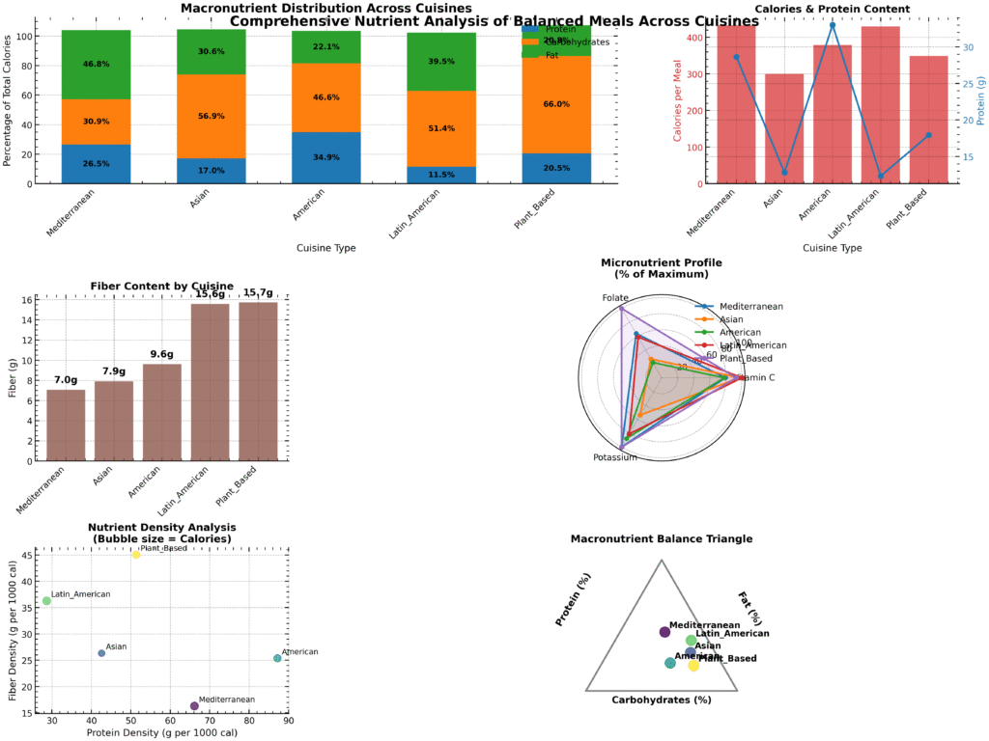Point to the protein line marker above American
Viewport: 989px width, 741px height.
(833, 24)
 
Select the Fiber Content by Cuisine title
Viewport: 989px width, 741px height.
(162, 286)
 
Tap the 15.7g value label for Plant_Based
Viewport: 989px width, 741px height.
(258, 292)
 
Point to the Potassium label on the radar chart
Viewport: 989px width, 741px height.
(614, 456)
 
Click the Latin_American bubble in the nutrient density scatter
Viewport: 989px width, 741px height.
(46, 601)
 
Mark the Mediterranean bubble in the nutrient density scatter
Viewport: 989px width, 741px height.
(194, 706)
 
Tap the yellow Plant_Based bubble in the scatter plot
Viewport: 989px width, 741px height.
(136, 555)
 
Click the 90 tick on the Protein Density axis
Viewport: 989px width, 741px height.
(288, 721)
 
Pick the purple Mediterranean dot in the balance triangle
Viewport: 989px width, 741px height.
(664, 632)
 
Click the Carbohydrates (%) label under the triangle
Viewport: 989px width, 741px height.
(662, 700)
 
